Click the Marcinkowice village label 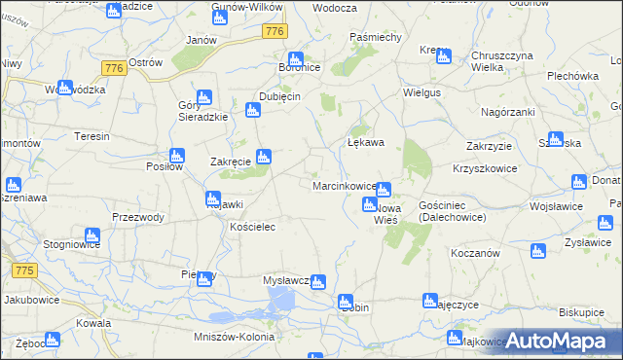(344, 185)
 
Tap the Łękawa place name (366, 142)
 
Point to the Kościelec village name (255, 227)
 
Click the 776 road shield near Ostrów (113, 67)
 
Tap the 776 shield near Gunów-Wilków (275, 32)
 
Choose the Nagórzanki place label (508, 112)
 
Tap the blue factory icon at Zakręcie (263, 156)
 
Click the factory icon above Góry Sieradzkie (203, 97)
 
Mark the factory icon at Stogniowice (92, 235)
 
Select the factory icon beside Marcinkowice (384, 190)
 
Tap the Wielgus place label (423, 94)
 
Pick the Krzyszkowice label (483, 168)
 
